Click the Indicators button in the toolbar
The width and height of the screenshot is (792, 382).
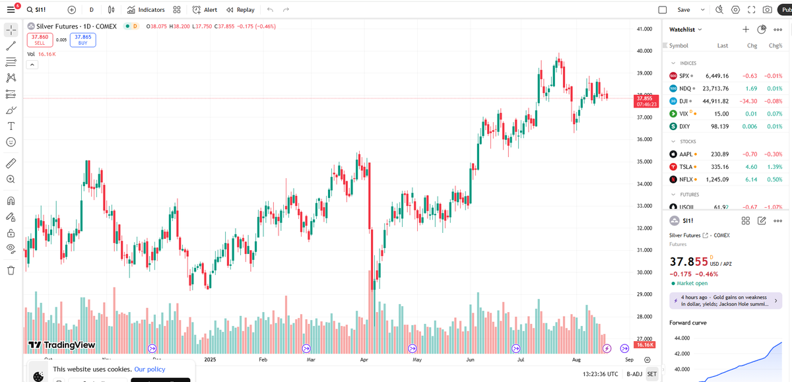click(146, 10)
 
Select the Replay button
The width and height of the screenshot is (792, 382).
click(240, 10)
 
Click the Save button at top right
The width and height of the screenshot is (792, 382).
click(684, 10)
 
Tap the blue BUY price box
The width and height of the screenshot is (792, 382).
click(83, 40)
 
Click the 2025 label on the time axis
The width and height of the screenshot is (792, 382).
click(211, 360)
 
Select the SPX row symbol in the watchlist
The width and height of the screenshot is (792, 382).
click(684, 76)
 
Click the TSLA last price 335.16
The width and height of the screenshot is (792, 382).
click(717, 167)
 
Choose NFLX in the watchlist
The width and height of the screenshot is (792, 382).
click(686, 179)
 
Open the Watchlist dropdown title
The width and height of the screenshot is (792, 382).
click(686, 29)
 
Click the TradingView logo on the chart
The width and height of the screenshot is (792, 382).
click(62, 344)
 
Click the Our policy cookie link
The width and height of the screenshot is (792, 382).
click(150, 369)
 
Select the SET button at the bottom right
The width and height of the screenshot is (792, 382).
click(651, 374)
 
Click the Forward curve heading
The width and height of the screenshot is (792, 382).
click(688, 323)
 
